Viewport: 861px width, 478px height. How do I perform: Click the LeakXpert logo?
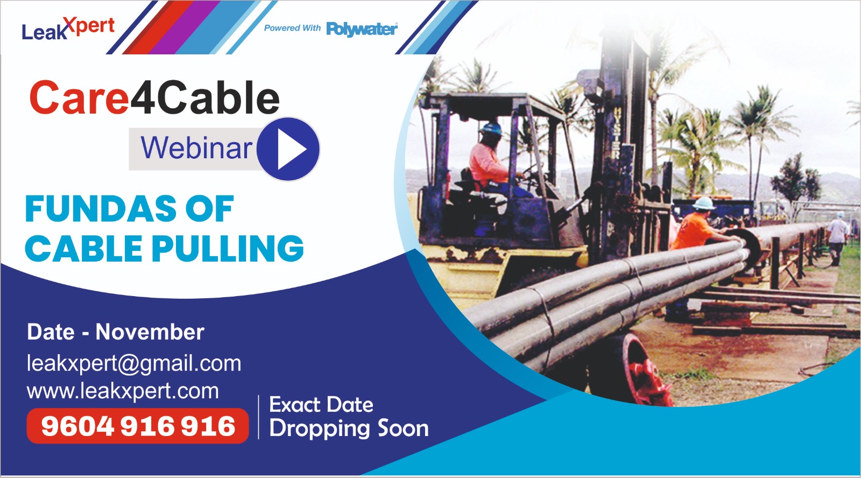click(68, 29)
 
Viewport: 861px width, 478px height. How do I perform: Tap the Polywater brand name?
click(362, 29)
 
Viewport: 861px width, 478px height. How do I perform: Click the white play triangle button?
click(291, 149)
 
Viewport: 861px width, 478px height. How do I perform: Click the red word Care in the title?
click(79, 97)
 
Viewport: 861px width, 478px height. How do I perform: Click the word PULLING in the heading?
click(228, 249)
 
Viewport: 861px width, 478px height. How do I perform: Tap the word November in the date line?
click(150, 332)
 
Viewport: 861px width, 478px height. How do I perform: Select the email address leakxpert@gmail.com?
click(134, 364)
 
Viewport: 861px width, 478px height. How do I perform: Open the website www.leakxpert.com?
click(123, 391)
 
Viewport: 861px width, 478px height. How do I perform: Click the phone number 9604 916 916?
click(138, 426)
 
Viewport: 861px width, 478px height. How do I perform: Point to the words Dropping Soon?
click(349, 429)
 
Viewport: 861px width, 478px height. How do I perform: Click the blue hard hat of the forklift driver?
click(491, 129)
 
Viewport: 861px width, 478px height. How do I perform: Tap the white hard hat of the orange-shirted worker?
click(704, 202)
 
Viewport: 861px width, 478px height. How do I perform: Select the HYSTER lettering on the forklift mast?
click(616, 133)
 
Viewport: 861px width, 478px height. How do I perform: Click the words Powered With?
click(292, 28)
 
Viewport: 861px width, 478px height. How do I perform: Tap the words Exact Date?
click(321, 405)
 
